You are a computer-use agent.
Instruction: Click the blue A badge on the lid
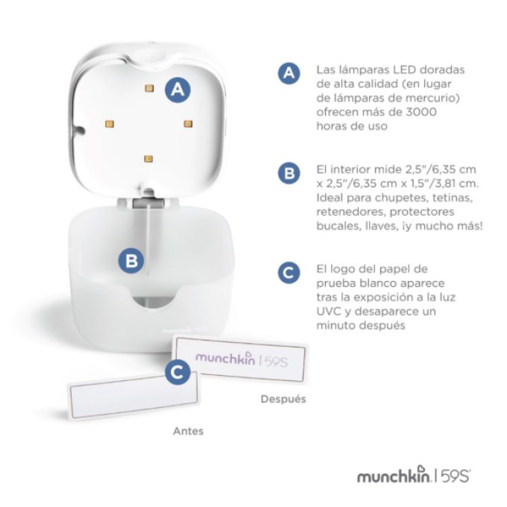click(177, 89)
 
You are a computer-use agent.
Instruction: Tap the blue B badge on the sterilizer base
click(131, 261)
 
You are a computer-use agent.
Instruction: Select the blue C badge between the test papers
click(177, 373)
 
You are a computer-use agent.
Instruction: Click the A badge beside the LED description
click(289, 73)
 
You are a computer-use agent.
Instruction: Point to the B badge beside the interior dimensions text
click(289, 173)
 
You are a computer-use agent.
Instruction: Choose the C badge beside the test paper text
click(289, 273)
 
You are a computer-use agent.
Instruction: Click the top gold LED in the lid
click(149, 88)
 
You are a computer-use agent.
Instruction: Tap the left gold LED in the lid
click(110, 124)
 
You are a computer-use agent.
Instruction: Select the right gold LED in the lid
click(188, 124)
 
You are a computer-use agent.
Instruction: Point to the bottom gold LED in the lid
click(148, 159)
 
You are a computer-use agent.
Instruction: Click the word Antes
click(188, 431)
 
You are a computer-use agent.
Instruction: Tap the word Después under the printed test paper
click(283, 399)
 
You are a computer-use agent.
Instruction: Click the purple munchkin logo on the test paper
click(225, 357)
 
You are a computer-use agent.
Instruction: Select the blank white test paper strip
click(133, 395)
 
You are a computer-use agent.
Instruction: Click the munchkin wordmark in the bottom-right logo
click(394, 476)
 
